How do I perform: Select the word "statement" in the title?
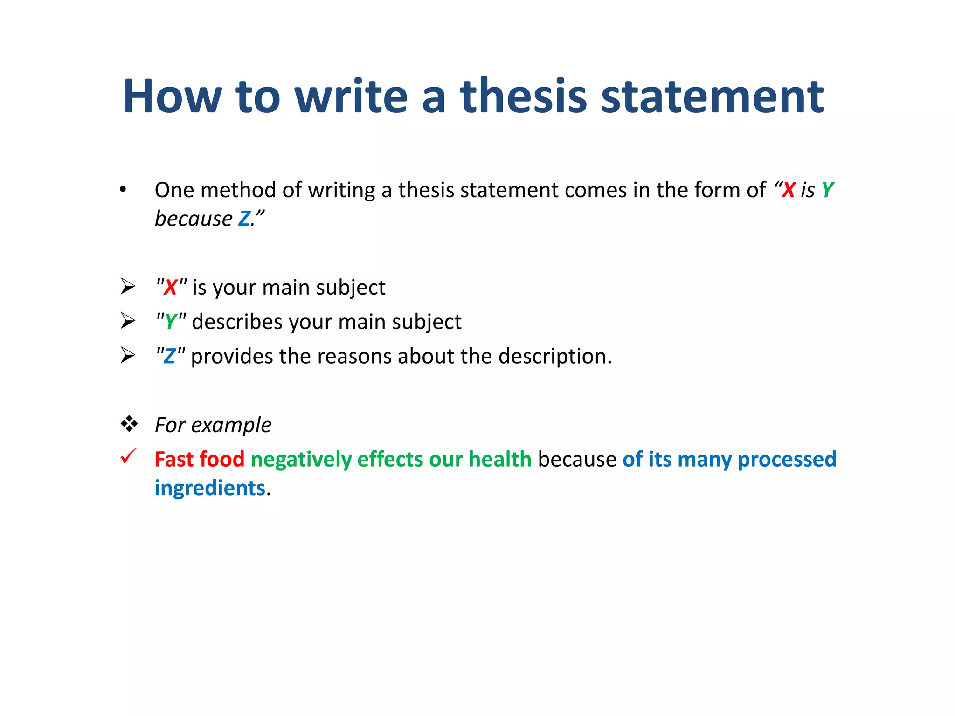coord(712,96)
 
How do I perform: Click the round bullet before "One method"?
coord(123,189)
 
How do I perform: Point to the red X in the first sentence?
coord(788,190)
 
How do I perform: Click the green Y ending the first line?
coord(827,190)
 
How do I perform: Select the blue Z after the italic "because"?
coord(244,219)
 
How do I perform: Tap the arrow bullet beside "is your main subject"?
coord(128,286)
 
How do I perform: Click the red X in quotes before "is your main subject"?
coord(171,287)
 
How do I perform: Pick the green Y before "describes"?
coord(171,322)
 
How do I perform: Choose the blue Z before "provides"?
coord(170,356)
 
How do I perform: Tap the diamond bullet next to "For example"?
coord(129,424)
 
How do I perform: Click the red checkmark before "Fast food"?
coord(128,456)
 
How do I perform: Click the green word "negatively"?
coord(301,459)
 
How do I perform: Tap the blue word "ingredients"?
coord(210,488)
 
